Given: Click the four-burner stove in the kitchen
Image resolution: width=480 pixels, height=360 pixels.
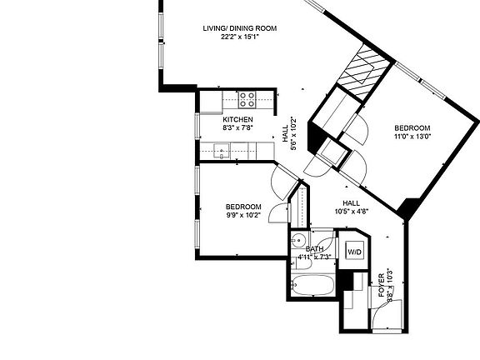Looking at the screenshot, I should click(247, 101).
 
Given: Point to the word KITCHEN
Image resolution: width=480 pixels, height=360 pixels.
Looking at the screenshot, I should click(237, 120).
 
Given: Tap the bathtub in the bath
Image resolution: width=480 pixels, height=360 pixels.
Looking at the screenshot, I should click(314, 287).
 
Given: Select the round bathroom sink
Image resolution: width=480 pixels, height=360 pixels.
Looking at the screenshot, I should click(298, 242).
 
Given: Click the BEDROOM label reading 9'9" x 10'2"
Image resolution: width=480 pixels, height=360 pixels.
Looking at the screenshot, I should click(243, 207).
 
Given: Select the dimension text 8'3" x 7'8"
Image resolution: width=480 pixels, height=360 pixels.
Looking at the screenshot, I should click(237, 128).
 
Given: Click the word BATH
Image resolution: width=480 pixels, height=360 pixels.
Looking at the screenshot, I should click(314, 248).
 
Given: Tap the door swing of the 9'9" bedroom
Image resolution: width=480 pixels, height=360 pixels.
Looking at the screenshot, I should click(282, 175).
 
